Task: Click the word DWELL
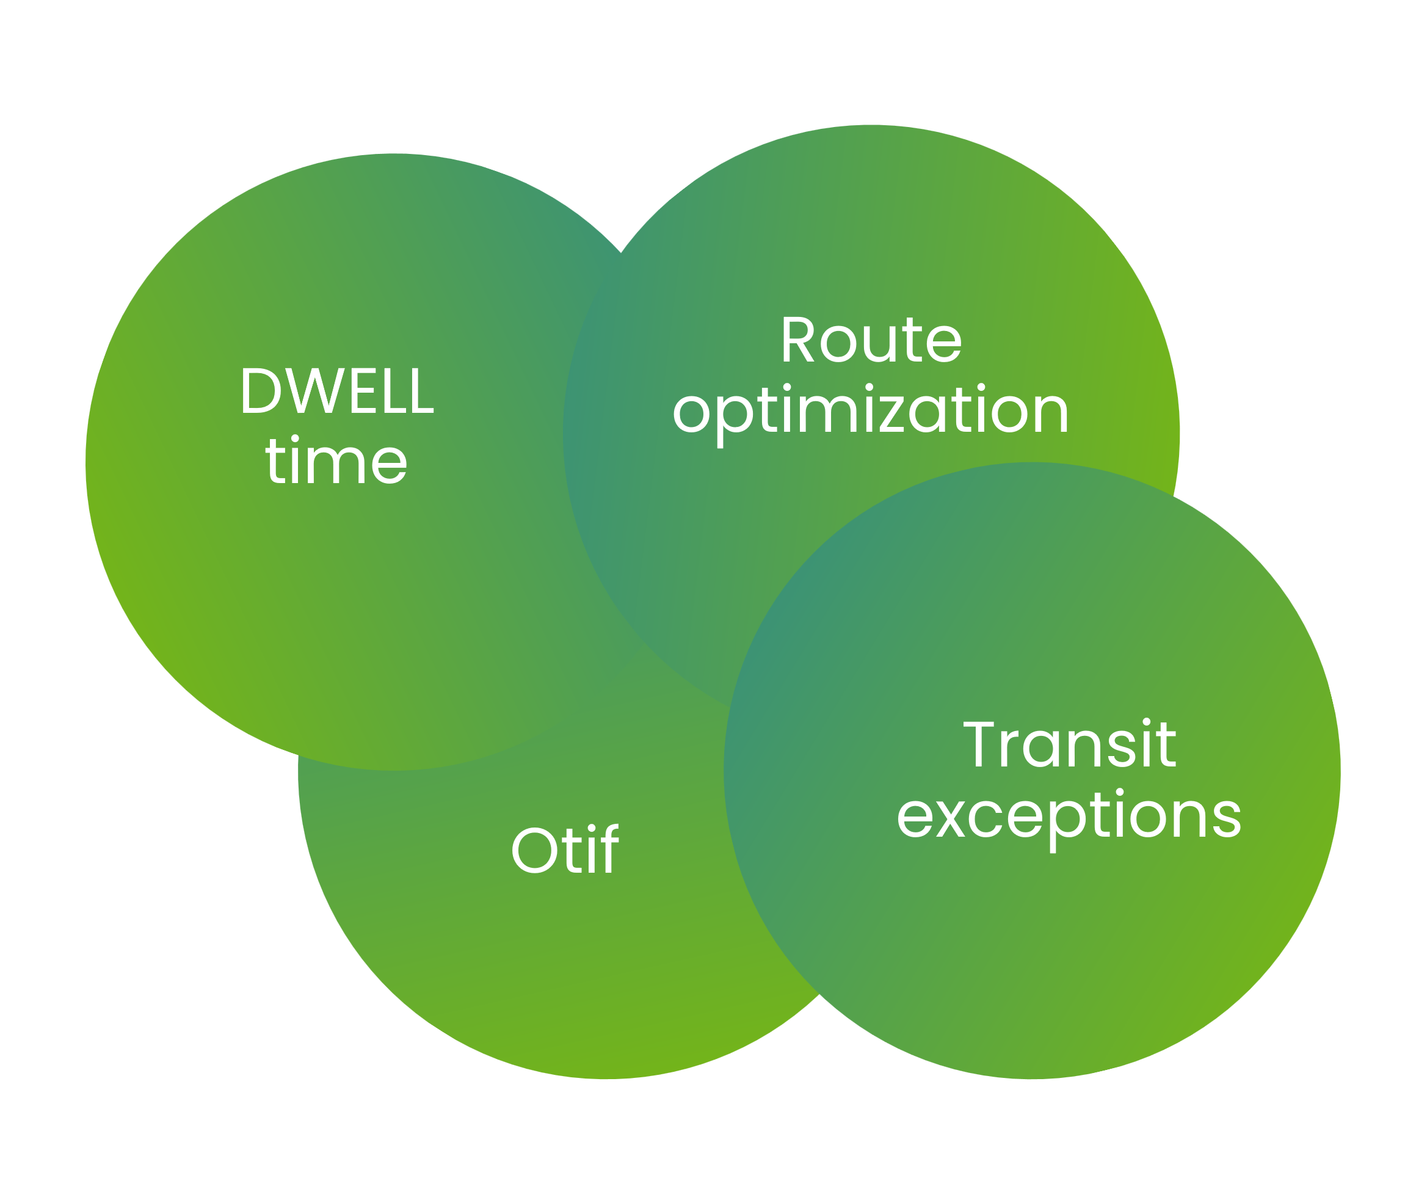pos(337,391)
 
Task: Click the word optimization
pos(871,411)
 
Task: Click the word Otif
pos(564,851)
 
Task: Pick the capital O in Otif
pos(534,851)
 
